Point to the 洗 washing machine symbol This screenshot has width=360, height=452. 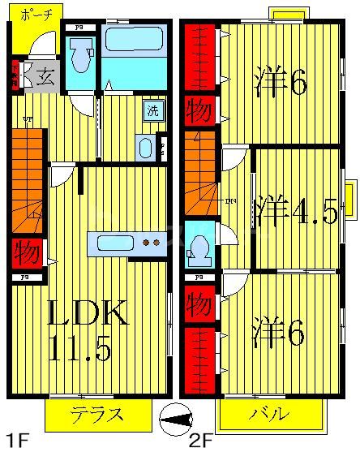[x=152, y=111]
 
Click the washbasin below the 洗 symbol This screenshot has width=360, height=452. [x=146, y=147]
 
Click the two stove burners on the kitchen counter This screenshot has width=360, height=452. [x=151, y=242]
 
